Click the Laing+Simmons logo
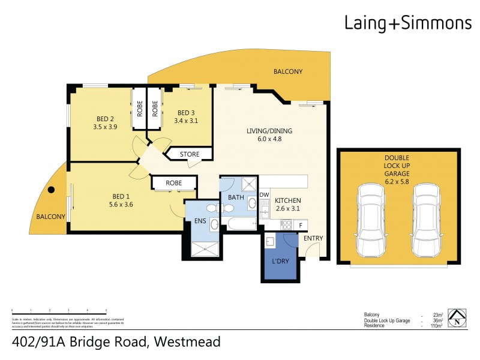[407, 23]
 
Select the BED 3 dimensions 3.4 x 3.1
[185, 121]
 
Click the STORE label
[190, 155]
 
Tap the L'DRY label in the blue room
[280, 263]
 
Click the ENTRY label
[313, 239]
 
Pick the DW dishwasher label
[264, 195]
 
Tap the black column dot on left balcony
[52, 190]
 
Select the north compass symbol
[458, 319]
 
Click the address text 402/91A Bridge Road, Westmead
[116, 343]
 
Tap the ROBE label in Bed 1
[174, 183]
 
